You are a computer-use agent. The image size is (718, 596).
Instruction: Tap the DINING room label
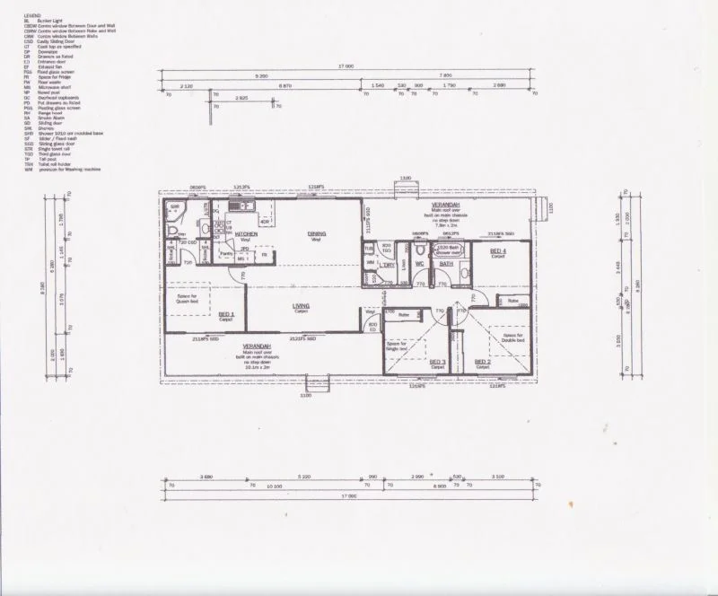click(x=316, y=234)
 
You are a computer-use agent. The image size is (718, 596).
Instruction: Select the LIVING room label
click(x=302, y=306)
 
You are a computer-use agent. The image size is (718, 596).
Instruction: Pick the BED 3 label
click(x=437, y=363)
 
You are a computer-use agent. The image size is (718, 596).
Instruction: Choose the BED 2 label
click(x=482, y=363)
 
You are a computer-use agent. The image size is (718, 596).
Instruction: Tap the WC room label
click(x=419, y=264)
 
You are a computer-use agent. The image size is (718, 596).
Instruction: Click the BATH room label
click(x=446, y=264)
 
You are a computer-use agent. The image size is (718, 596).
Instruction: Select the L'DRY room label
click(x=390, y=265)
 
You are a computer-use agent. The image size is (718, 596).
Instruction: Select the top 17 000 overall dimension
click(x=345, y=66)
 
